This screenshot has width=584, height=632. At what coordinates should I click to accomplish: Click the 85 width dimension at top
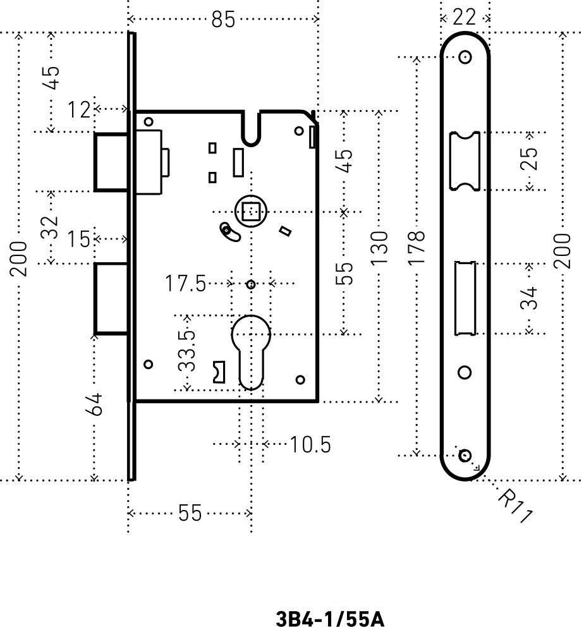coord(223,19)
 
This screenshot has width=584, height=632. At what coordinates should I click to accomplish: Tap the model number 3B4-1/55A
coord(330,619)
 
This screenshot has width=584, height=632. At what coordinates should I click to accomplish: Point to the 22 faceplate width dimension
coord(465,17)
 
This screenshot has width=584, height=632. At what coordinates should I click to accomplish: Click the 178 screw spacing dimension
coord(417,248)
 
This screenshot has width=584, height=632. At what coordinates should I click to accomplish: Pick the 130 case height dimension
coord(379,248)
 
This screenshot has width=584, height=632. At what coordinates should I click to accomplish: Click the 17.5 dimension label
coord(185,283)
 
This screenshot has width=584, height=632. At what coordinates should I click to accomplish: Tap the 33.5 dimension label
coord(187,351)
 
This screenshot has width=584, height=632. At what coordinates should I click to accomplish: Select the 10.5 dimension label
coord(310,444)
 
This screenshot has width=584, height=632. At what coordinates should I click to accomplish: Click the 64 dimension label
coord(94,404)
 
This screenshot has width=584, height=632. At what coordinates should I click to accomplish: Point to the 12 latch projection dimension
coord(79,109)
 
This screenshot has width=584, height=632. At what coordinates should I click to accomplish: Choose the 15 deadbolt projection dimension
coord(78,239)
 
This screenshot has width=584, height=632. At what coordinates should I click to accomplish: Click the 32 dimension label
coord(51,228)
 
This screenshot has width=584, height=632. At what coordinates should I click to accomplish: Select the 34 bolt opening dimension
coord(529,298)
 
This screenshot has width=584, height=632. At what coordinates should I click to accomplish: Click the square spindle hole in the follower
coord(251,211)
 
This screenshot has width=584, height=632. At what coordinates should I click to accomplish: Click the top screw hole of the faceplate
coord(465,57)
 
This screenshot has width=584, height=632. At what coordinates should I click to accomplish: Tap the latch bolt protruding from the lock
coord(111,161)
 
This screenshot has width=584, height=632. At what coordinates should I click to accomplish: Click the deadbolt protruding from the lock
coord(111,299)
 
